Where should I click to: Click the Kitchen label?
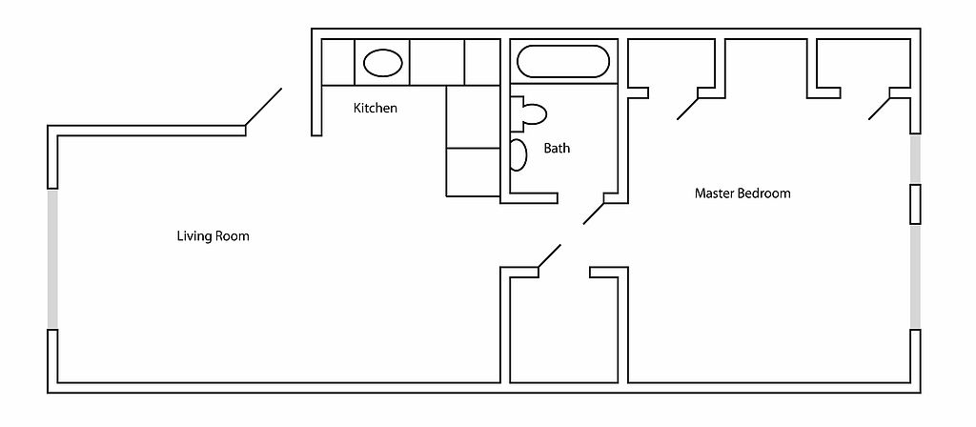(376, 109)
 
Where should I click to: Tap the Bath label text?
(557, 148)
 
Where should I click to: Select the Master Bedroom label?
(742, 193)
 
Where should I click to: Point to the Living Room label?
(213, 236)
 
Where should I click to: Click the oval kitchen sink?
(382, 63)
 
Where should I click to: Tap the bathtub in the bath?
(561, 62)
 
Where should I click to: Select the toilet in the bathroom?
(528, 113)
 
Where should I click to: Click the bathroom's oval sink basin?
(518, 155)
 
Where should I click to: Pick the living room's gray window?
(53, 258)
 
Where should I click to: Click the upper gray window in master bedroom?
(915, 159)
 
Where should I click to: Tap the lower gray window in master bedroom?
(915, 276)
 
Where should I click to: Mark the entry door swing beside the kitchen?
(263, 107)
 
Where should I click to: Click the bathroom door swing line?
(594, 213)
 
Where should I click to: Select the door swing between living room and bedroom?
(549, 255)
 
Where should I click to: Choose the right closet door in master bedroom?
(880, 109)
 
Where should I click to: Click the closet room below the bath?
(564, 330)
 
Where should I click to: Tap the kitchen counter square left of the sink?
(338, 62)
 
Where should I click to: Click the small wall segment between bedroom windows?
(915, 204)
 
